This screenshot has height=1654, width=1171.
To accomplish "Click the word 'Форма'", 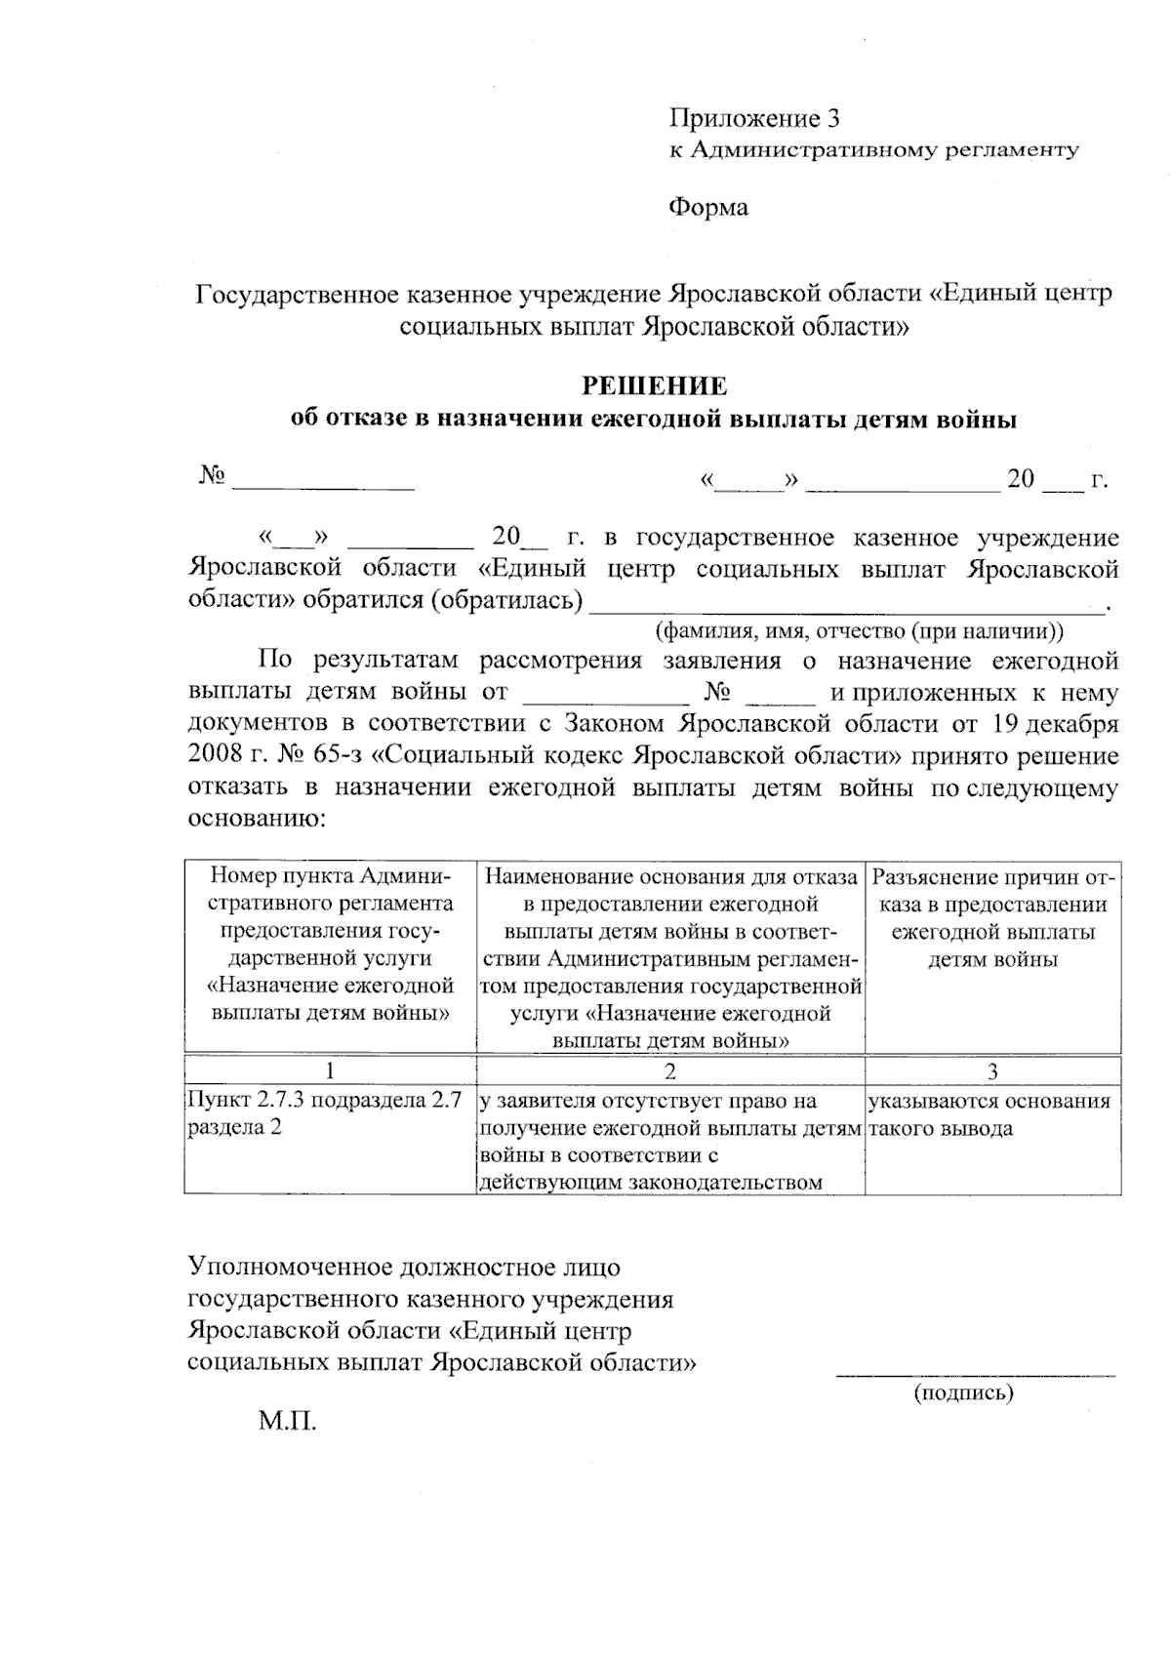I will click(707, 208).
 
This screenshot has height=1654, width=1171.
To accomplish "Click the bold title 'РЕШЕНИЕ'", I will click(654, 385).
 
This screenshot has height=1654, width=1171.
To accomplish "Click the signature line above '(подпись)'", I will click(974, 1374).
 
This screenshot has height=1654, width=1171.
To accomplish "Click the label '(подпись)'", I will click(963, 1392).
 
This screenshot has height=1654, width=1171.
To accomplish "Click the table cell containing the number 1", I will click(330, 1070).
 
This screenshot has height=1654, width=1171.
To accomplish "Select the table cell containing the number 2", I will click(669, 1070).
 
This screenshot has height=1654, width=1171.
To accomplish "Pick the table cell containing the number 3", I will click(992, 1070).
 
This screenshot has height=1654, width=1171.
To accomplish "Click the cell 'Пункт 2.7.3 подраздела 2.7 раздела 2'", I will click(324, 1114).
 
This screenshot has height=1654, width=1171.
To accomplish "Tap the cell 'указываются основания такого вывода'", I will click(989, 1114).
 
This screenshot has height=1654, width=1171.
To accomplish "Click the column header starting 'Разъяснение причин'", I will click(992, 917).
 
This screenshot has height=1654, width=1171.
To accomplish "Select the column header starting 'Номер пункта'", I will click(330, 944).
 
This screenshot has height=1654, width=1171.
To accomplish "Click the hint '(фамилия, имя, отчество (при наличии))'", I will click(860, 629).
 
